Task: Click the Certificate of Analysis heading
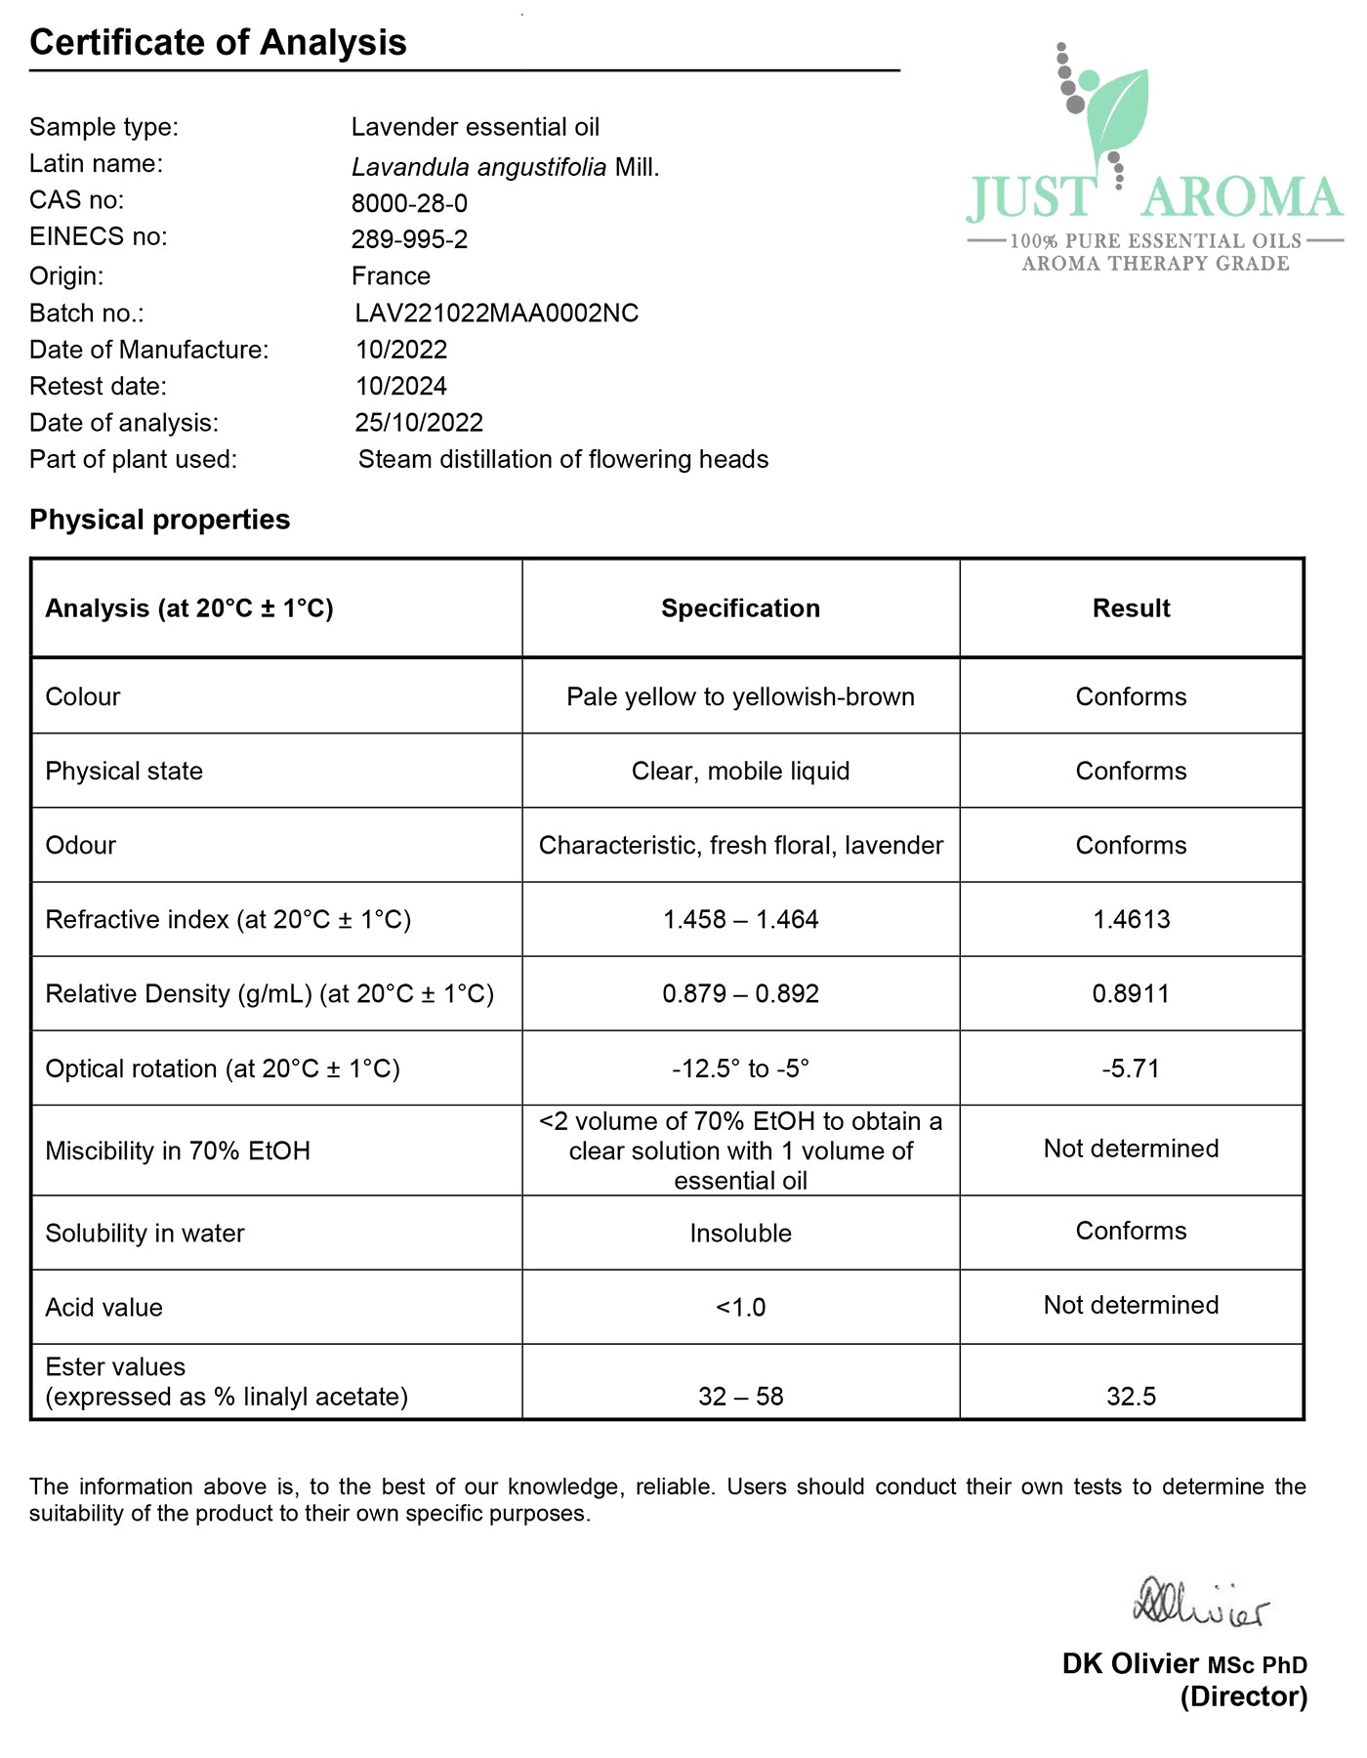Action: (x=218, y=43)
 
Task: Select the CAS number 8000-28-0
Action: (x=409, y=203)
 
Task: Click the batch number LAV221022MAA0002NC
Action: (x=496, y=314)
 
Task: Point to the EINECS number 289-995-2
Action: (x=409, y=239)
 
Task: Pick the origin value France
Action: (x=391, y=276)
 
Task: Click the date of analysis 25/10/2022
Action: (x=419, y=423)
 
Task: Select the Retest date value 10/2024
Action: (x=400, y=387)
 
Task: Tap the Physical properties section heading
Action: (x=159, y=520)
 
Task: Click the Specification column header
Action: (x=740, y=608)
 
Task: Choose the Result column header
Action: (x=1131, y=608)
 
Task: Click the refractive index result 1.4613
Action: (x=1131, y=919)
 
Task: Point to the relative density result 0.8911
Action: (x=1131, y=994)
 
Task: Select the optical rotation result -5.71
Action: (x=1131, y=1068)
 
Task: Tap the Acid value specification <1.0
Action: (x=740, y=1308)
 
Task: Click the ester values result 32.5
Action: (x=1131, y=1397)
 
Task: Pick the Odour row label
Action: (x=81, y=846)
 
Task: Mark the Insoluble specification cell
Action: (x=740, y=1234)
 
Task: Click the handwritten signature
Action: (x=1200, y=1605)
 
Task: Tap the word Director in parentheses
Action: (x=1243, y=1697)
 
